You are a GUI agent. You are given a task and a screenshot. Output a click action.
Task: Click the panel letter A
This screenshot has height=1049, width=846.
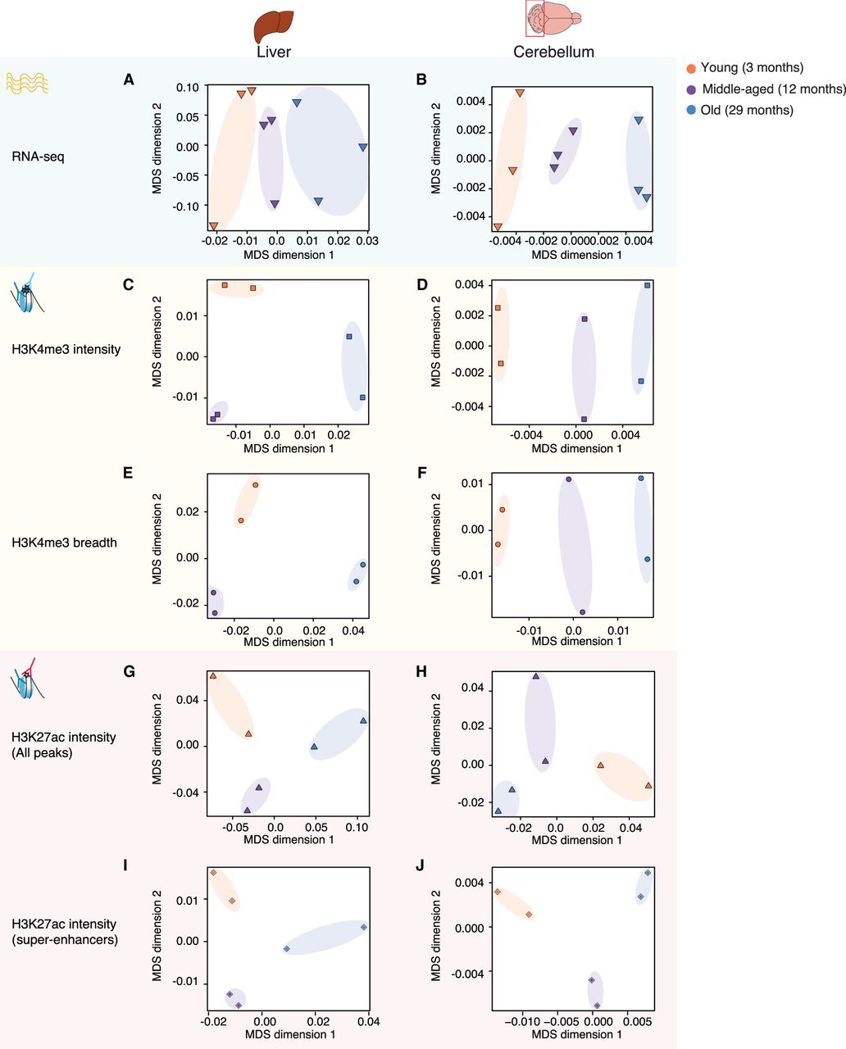click(129, 79)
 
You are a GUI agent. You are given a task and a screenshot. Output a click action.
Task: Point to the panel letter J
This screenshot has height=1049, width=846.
click(421, 864)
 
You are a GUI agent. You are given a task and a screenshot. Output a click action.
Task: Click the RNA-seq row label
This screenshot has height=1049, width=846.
click(38, 156)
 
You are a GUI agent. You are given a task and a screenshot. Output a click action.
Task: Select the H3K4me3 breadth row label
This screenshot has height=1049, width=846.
click(64, 543)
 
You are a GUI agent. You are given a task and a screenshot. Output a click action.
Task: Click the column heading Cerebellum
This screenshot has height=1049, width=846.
click(553, 52)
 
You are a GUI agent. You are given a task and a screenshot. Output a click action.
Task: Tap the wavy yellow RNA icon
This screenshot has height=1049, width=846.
click(27, 83)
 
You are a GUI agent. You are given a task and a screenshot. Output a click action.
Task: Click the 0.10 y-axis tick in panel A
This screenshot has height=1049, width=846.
click(188, 87)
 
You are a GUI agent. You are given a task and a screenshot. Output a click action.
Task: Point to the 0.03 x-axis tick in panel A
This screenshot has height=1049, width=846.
click(366, 241)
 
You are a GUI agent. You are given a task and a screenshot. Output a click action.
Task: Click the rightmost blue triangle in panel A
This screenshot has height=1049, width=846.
click(362, 148)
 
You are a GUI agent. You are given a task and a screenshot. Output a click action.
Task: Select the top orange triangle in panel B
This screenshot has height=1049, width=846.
click(520, 93)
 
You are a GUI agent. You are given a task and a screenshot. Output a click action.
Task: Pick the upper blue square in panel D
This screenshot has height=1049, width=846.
click(648, 285)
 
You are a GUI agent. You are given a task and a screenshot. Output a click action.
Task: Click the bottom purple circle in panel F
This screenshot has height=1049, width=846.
click(583, 612)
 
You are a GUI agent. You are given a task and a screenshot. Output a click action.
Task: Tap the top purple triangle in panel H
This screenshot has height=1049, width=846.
click(536, 676)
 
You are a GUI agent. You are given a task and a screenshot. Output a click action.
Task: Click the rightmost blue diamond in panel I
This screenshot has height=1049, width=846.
click(364, 928)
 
